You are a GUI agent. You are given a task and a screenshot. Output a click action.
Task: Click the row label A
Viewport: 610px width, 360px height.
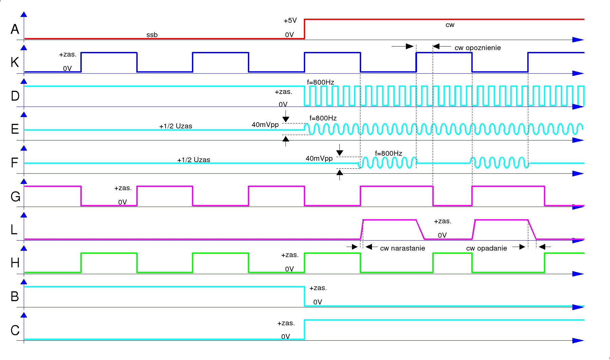point(15,29)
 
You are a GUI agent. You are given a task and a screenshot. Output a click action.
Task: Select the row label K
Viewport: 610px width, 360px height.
point(15,62)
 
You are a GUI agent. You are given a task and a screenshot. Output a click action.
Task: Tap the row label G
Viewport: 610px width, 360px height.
point(15,197)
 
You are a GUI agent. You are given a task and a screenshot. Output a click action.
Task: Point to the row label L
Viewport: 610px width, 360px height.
point(14,230)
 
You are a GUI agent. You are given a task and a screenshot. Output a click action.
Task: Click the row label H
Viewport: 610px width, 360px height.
point(15,263)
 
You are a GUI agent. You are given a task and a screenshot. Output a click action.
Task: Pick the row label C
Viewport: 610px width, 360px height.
point(15,330)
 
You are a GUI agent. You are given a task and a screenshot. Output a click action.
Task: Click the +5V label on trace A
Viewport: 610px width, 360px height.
point(290,21)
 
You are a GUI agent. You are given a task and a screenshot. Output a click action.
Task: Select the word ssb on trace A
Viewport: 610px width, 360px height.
point(152,35)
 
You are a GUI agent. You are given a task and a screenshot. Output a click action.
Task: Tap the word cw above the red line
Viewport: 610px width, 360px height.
point(450,25)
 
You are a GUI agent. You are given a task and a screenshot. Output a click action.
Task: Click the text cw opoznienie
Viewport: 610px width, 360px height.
point(477,48)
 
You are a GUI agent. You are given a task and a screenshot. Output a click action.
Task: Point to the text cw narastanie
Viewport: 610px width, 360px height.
point(402,248)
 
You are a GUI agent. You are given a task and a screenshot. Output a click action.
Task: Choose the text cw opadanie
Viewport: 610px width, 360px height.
point(487,248)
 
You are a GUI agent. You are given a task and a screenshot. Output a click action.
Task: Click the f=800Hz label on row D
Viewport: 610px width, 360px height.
point(320,82)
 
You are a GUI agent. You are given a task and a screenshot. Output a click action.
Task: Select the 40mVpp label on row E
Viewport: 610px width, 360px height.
point(265,125)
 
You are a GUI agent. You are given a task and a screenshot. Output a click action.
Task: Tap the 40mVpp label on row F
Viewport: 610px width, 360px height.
point(319,158)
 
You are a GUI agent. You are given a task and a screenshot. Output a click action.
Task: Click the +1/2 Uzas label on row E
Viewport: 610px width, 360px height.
point(176,126)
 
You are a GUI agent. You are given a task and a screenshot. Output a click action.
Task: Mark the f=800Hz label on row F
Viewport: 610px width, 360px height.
point(389,153)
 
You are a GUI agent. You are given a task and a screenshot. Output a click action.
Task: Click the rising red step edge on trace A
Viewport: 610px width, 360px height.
point(304,29)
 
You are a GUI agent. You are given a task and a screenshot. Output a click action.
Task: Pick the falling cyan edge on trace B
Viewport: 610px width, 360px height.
point(304,297)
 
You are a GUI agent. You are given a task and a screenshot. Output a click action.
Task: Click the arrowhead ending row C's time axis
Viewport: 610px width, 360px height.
point(578,341)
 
